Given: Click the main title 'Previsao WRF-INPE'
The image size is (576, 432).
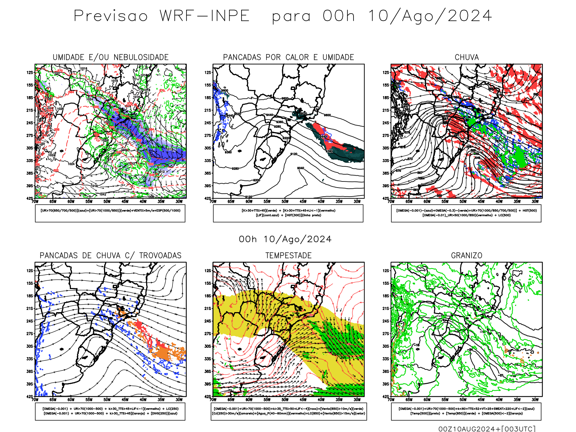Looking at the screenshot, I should click(162, 16).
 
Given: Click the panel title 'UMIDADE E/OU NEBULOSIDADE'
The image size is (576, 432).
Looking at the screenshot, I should click(111, 57).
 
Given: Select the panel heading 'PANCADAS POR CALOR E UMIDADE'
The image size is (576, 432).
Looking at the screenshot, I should click(288, 57).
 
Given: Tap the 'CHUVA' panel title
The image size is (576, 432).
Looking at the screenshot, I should click(467, 57).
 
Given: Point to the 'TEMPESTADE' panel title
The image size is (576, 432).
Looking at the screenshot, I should click(288, 256).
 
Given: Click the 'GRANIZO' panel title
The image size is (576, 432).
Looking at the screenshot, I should click(467, 256).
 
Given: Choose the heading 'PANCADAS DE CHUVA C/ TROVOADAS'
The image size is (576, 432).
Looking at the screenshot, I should click(111, 256).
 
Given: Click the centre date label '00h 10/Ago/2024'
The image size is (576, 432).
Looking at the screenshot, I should click(285, 239).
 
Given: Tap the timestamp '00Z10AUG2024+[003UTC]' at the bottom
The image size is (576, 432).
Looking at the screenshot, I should click(487, 429).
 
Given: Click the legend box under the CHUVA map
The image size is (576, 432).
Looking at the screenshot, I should click(466, 213).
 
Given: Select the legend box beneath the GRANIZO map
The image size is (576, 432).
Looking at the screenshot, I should click(466, 411).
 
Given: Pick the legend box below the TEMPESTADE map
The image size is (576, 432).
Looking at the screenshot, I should click(289, 411).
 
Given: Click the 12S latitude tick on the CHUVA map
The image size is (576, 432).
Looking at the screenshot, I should click(386, 73).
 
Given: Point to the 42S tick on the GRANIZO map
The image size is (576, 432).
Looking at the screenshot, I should click(386, 397).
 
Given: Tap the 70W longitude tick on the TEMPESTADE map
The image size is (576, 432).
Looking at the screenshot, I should click(213, 400).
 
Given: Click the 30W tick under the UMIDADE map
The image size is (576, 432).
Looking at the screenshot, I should click(179, 202).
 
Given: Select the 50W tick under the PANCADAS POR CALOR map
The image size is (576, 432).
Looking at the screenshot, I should click(285, 202).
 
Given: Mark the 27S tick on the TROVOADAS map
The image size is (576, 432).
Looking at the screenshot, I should click(30, 334).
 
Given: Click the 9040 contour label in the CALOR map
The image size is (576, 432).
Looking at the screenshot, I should click(301, 168).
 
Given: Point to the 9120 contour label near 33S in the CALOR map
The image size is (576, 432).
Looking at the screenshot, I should click(294, 154).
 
